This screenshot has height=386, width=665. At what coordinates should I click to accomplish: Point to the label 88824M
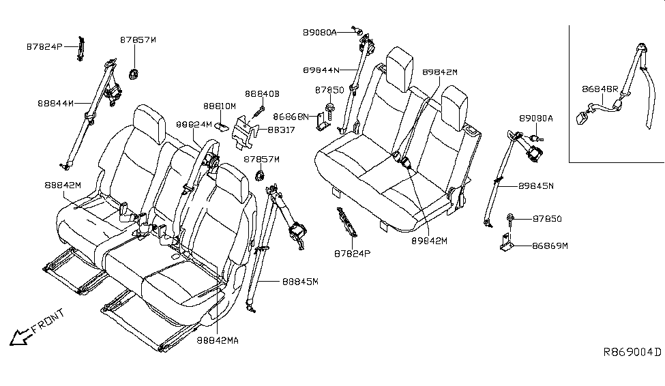(x=192, y=125)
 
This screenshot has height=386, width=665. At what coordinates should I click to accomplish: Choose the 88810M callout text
(x=219, y=106)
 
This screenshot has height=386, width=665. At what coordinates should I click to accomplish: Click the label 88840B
(x=263, y=93)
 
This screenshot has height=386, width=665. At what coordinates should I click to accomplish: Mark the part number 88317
(x=281, y=129)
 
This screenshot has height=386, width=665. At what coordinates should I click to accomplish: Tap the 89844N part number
(x=325, y=70)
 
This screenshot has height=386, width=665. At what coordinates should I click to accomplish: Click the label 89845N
(x=535, y=185)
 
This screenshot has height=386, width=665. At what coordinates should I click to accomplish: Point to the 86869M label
(x=549, y=245)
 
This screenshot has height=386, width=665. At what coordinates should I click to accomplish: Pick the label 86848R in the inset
(x=600, y=89)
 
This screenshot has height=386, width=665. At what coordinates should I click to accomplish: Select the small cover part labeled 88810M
(x=224, y=124)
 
